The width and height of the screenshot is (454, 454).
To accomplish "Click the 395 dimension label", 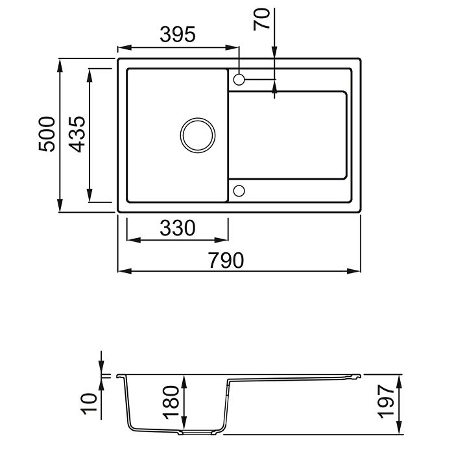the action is [178, 34].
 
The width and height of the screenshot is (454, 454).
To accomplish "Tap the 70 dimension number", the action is [261, 19].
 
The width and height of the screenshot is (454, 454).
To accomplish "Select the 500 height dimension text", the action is [47, 134].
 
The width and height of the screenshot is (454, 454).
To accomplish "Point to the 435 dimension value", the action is [77, 134].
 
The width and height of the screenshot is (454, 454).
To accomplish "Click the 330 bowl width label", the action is [178, 228].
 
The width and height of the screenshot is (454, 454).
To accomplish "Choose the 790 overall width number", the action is [226, 260].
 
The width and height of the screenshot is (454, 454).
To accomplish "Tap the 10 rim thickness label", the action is [90, 403].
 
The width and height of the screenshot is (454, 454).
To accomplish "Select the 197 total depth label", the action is [387, 401].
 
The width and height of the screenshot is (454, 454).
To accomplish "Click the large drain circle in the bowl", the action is [198, 118].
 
